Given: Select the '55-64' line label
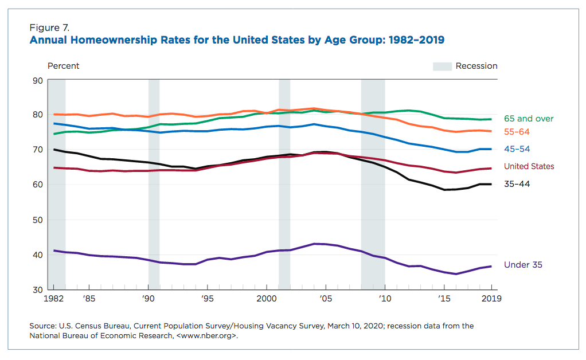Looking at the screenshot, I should pos(517,131).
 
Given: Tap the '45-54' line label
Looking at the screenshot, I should pos(517,149).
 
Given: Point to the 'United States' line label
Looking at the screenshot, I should pos(529,166).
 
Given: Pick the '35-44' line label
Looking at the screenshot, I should pos(517,185).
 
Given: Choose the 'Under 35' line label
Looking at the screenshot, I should pos(523,265).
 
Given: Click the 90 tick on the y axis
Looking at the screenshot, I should pos(38,80).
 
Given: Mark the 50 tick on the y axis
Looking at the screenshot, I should pos(38,220).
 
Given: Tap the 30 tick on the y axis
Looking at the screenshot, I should pos(38,289).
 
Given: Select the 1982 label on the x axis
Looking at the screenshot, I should pos(53,299).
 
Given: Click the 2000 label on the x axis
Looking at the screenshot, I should pos(267,299).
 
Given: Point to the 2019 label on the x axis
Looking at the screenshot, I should pos(491,299).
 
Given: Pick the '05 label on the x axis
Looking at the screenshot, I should pos(325,299).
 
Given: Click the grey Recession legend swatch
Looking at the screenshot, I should pos(442,66).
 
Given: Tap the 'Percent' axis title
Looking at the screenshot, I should pos(63,66).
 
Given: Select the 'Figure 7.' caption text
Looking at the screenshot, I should pos(49,27).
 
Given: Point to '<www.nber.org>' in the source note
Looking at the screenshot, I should pos(207,336).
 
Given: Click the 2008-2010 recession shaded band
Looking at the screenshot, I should pos(373,183).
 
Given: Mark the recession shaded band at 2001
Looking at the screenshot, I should pos(284,183).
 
